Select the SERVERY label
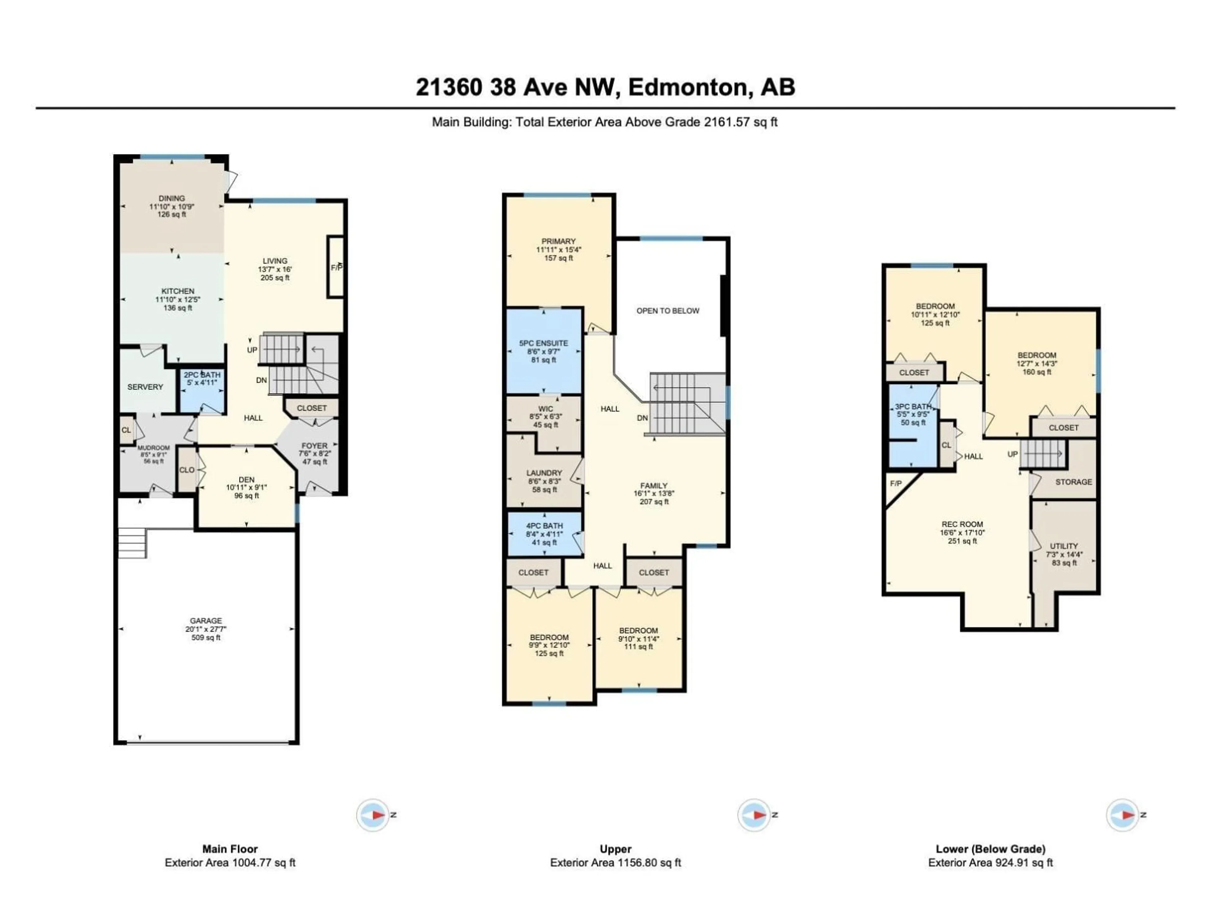pyautogui.click(x=145, y=387)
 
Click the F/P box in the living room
pyautogui.click(x=336, y=267)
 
